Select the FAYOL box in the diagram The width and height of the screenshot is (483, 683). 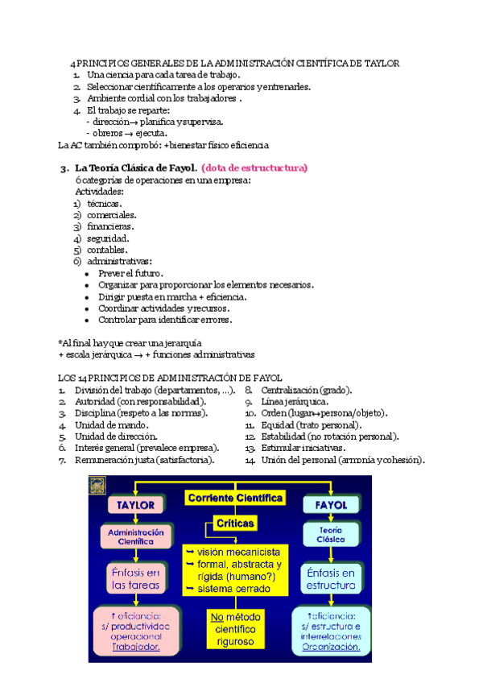[x=327, y=505]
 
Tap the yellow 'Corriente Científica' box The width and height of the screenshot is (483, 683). [x=235, y=498]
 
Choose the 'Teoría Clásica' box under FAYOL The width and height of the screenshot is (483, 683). [x=327, y=536]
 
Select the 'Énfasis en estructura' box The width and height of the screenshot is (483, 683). [x=331, y=578]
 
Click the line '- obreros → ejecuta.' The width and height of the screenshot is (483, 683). [x=127, y=133]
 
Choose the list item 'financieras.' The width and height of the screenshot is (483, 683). [x=111, y=226]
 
